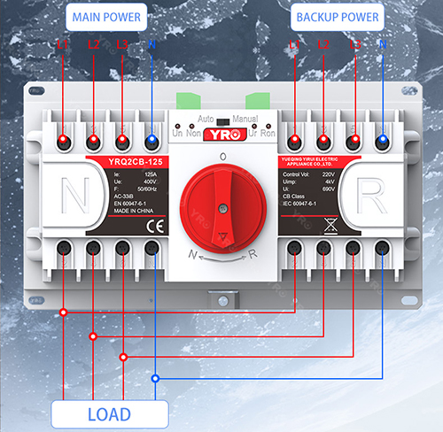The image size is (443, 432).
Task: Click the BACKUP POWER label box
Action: (337, 17)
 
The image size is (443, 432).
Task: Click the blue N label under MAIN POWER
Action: (152, 42)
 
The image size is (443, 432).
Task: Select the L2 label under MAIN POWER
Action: (94, 42)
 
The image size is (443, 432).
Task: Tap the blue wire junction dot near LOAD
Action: (154, 379)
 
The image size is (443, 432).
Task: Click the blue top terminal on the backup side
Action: (383, 140)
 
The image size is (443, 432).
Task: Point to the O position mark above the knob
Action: (221, 156)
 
